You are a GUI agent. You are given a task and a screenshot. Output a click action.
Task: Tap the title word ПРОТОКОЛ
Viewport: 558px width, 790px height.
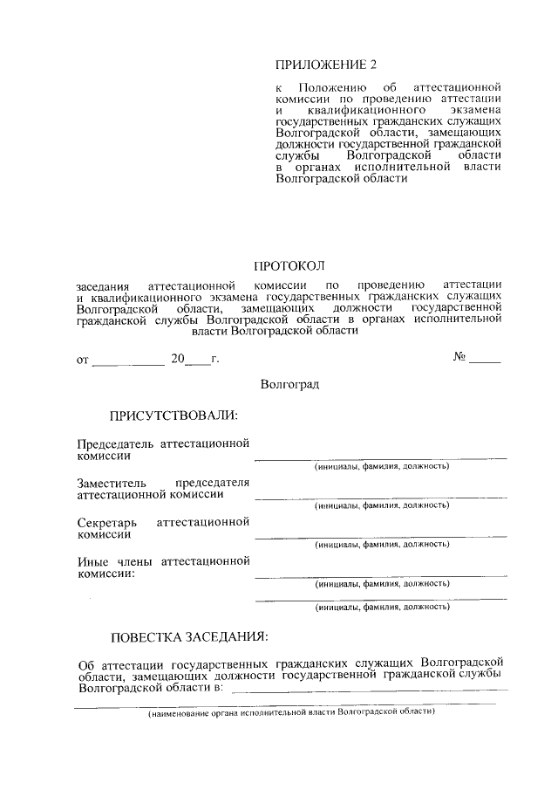coord(289,265)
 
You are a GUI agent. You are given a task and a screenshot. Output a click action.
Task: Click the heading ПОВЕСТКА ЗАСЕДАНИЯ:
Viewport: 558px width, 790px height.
coord(189,635)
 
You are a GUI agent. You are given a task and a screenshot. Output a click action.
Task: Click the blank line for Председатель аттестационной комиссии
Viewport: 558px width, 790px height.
coord(380,457)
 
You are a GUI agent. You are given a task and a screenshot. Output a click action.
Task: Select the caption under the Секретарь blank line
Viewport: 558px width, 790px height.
coord(382,545)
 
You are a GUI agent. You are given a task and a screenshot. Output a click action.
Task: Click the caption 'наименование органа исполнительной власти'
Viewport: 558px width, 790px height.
coord(290,711)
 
